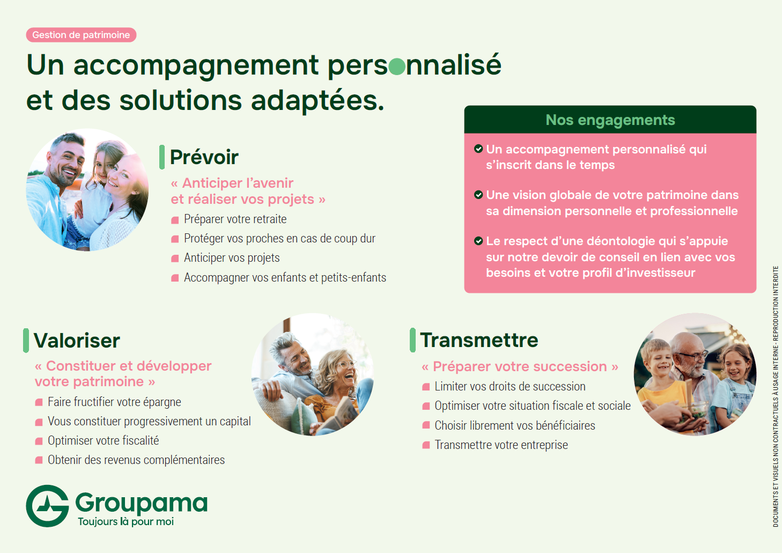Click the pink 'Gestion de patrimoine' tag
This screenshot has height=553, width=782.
click(x=81, y=35)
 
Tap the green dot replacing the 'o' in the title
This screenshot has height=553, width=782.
click(x=396, y=67)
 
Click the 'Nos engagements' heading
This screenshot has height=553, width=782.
click(x=610, y=120)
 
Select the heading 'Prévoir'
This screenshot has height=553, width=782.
click(x=204, y=157)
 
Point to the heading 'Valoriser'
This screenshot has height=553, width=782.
click(x=77, y=341)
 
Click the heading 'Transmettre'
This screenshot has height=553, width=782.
click(x=479, y=340)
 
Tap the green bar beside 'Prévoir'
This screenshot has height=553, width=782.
click(x=161, y=157)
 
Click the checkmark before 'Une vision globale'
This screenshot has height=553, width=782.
click(x=478, y=195)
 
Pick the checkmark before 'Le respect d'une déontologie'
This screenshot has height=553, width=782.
click(x=478, y=241)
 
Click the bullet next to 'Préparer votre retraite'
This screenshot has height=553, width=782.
click(x=175, y=220)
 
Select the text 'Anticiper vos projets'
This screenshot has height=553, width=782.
click(x=232, y=258)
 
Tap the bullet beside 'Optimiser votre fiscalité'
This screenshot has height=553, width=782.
click(x=39, y=441)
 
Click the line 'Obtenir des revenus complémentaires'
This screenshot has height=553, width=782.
click(x=136, y=460)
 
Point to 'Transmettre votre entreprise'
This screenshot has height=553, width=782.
click(x=501, y=445)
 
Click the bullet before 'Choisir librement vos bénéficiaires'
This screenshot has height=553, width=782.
click(x=426, y=425)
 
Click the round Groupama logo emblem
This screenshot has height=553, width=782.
click(x=47, y=506)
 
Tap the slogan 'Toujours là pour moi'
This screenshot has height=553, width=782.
click(x=126, y=521)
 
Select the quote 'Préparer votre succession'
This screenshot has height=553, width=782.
click(x=520, y=366)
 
